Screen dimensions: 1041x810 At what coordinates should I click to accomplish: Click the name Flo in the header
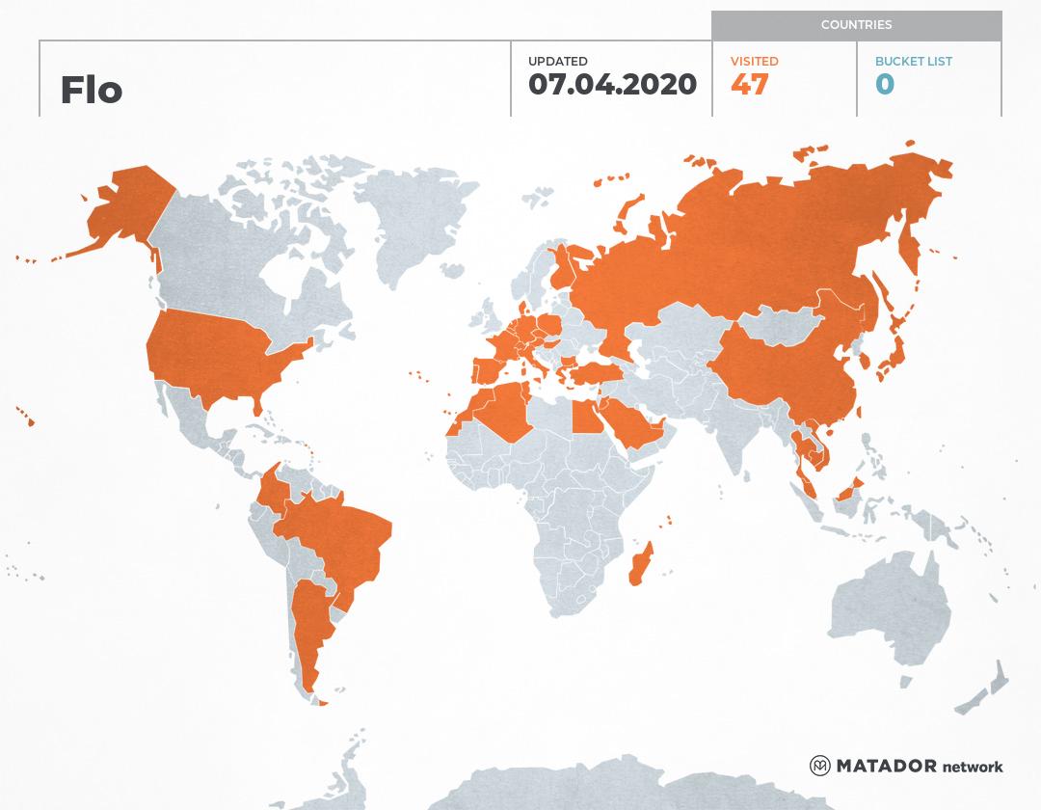[x=92, y=90]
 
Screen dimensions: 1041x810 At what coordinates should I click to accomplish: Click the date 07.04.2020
[x=612, y=85]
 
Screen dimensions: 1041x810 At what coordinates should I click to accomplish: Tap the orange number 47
[x=749, y=85]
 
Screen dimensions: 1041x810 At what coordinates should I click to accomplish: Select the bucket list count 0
[x=885, y=85]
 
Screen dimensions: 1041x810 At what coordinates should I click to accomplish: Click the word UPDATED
[x=557, y=62]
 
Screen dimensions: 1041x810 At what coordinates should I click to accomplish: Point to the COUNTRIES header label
[x=856, y=25]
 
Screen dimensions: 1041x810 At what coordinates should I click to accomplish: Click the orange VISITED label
[x=754, y=62]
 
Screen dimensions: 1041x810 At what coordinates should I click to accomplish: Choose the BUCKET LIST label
[x=913, y=62]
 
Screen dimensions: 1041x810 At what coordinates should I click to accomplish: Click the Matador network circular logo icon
[x=820, y=767]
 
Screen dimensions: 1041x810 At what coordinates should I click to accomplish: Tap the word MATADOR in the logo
[x=887, y=767]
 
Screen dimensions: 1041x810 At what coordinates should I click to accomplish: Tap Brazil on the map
[x=342, y=540]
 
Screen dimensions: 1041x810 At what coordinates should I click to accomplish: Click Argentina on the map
[x=310, y=627]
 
